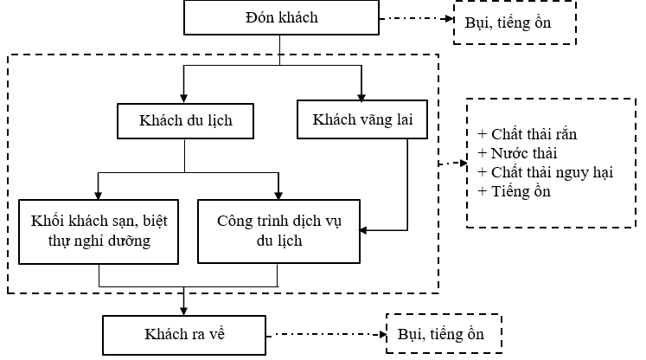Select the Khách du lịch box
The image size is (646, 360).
[186, 119]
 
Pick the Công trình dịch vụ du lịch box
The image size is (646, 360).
[278, 230]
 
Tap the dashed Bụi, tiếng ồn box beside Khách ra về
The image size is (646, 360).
[440, 333]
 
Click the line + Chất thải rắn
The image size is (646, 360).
[527, 134]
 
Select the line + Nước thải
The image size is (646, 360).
[517, 153]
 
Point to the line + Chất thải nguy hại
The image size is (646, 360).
[545, 172]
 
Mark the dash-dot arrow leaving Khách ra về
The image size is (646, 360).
[324, 333]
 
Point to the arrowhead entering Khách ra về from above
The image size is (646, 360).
[184, 310]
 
